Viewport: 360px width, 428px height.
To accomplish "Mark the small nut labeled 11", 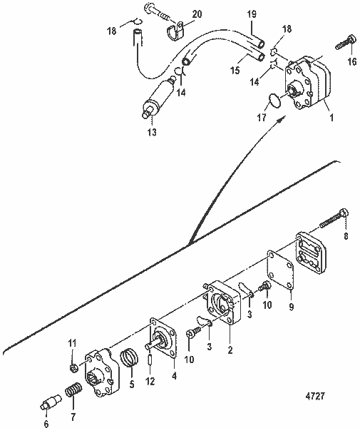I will pyautogui.click(x=75, y=368).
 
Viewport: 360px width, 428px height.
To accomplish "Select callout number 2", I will pyautogui.click(x=230, y=350).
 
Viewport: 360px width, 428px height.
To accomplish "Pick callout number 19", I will pyautogui.click(x=252, y=13).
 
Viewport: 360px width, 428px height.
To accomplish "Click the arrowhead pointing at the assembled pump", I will pyautogui.click(x=278, y=121).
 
